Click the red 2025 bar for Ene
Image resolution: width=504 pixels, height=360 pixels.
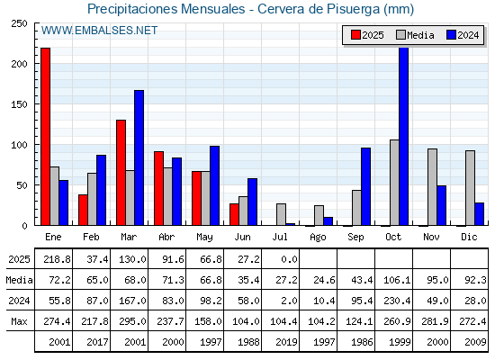point(45,137)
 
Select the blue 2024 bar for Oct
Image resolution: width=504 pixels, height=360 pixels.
point(403,137)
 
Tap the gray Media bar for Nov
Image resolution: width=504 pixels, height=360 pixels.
point(432,187)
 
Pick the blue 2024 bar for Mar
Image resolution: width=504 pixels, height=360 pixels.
point(139,157)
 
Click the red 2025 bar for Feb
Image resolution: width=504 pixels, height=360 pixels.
point(83,210)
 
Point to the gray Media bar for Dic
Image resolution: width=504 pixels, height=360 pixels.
point(470,188)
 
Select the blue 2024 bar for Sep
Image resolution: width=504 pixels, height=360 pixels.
point(365,187)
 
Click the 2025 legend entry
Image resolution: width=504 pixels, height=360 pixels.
point(368,35)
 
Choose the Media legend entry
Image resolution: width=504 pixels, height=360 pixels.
point(415,35)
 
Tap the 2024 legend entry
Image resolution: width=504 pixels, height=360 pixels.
point(463,35)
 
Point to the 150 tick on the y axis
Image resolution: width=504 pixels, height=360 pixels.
point(19,104)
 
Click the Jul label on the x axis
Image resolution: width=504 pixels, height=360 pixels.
point(280,237)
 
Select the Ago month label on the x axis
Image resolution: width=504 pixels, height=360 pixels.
point(318,238)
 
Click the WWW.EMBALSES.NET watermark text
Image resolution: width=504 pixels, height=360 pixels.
point(99,31)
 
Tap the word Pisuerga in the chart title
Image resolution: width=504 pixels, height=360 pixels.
point(353,9)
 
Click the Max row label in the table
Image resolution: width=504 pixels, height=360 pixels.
point(19,321)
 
